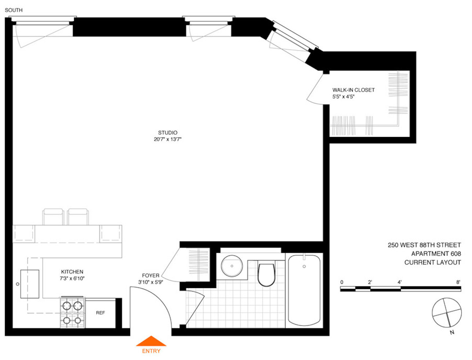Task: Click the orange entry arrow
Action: coord(151,341)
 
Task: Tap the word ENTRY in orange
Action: coord(151,351)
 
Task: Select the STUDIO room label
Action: coord(168,133)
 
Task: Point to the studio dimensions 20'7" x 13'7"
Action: coord(168,140)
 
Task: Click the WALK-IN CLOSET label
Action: coord(353,90)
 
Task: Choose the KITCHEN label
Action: coord(72,272)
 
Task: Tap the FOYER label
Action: coord(150,276)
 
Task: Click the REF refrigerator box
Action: coord(100,313)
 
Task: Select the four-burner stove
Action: coord(72,313)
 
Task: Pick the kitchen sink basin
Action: coord(30,284)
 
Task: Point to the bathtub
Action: coord(304,290)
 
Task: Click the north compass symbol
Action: coord(447,313)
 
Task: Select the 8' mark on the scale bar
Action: coord(458,282)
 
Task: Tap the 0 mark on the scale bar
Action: coord(342,282)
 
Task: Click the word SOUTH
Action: coord(14,10)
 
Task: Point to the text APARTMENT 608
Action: coord(436,254)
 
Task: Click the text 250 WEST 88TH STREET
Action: coord(424,245)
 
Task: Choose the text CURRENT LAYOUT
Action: coord(432,263)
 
